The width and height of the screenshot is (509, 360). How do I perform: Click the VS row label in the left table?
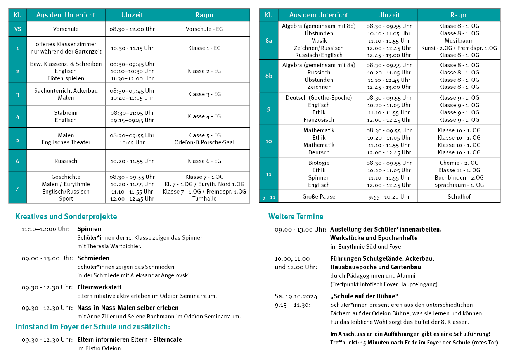[x=17, y=29]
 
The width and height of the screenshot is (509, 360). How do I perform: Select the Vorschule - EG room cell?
[x=204, y=29]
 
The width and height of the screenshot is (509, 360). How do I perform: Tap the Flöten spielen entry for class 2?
[x=66, y=78]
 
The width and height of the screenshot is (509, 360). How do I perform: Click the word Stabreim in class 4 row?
[x=66, y=113]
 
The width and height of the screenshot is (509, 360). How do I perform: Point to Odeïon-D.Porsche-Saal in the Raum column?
[x=204, y=142]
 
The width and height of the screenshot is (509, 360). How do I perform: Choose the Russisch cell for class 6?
[x=66, y=161]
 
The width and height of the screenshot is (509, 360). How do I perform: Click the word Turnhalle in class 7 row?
[x=204, y=199]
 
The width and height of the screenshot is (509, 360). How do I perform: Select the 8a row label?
[x=268, y=40]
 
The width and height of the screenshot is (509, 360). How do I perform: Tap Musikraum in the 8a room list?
[x=459, y=41]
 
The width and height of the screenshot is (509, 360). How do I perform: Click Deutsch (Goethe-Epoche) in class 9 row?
[x=319, y=98]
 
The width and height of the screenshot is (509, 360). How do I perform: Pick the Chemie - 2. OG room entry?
[x=459, y=163]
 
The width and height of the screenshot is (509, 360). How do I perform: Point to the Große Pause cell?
[x=319, y=197]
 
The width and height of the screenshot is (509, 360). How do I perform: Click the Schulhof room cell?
[x=459, y=197]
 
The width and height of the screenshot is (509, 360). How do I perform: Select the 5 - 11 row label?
[x=268, y=197]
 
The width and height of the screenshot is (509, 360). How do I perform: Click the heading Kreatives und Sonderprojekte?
[x=66, y=216]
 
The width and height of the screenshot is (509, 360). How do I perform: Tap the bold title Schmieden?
[x=93, y=258]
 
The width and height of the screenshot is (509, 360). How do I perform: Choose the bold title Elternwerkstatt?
[x=99, y=287]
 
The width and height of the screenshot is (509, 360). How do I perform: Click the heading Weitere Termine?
[x=296, y=216]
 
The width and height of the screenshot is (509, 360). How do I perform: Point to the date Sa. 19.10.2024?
[x=296, y=296]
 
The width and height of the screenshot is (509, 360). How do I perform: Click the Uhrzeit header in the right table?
[x=389, y=15]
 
